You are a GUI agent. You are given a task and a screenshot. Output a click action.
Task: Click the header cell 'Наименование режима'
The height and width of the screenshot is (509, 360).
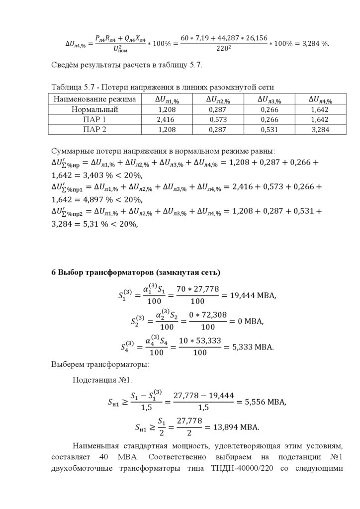[94, 99]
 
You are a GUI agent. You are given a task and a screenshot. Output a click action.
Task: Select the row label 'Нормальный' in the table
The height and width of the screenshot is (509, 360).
[94, 109]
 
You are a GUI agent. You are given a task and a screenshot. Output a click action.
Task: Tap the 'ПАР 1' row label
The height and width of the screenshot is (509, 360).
[94, 120]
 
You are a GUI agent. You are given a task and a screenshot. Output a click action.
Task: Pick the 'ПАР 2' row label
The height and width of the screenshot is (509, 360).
[94, 130]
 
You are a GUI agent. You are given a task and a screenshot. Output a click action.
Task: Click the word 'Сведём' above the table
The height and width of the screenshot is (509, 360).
[65, 65]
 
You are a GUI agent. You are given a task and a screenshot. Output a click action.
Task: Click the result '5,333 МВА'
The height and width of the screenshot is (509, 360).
[253, 347]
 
